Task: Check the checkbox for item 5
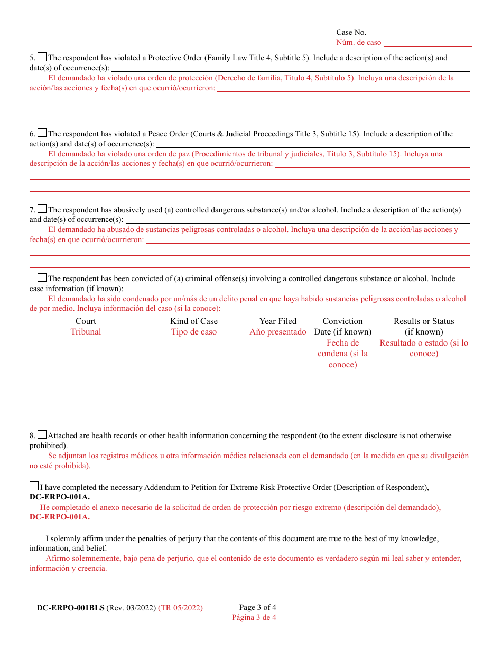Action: (42, 57)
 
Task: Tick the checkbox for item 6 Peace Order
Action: (42, 133)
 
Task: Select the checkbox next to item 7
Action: (42, 209)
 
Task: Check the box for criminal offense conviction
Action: (42, 277)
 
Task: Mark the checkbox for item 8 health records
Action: (42, 434)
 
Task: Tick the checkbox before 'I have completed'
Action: (34, 486)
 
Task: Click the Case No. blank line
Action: (420, 33)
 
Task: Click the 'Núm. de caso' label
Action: (358, 43)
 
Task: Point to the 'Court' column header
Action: (86, 321)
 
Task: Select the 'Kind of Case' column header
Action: (194, 321)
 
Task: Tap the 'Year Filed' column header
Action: (278, 321)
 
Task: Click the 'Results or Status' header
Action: (424, 321)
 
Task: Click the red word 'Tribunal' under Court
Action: (86, 332)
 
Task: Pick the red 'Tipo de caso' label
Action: (194, 332)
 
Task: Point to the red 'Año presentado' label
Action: (278, 332)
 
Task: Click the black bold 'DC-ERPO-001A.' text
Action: (60, 497)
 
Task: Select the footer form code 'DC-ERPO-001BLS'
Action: (71, 608)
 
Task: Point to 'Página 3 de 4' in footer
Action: (254, 617)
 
